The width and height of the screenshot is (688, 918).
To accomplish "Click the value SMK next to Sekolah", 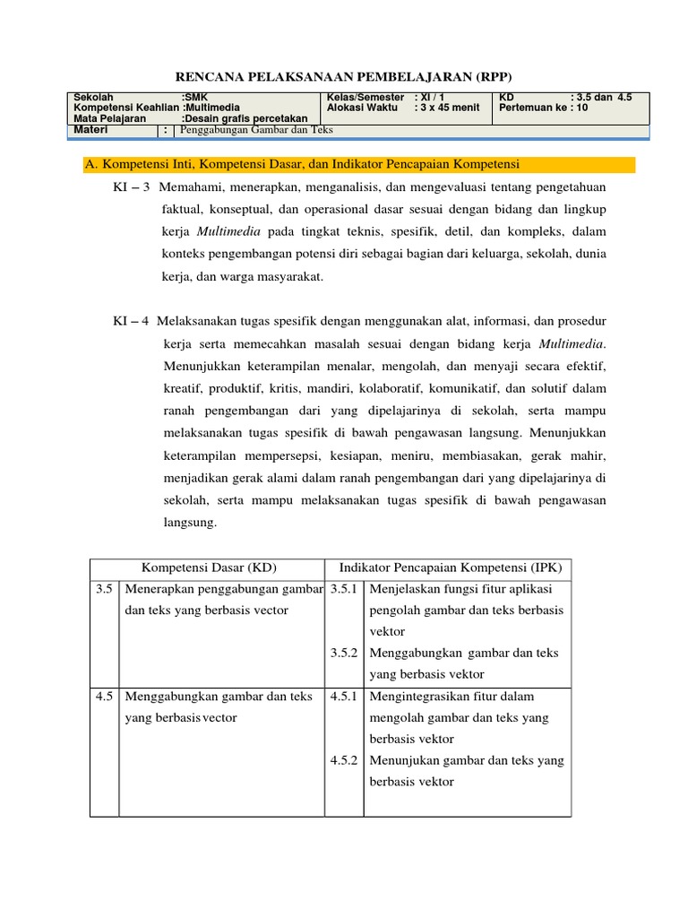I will [194, 96].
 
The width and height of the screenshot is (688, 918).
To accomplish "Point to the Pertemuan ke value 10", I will [582, 108].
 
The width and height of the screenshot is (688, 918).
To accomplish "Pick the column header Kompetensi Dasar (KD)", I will [209, 568].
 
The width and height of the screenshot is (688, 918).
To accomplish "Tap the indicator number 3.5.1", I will [344, 589].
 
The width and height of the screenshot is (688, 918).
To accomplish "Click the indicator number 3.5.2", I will [344, 653].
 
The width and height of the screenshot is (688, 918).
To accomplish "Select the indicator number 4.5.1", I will [344, 697].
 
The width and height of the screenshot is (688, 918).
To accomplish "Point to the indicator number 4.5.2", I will [344, 760].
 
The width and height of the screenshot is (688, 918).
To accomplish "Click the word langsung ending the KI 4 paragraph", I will [188, 523].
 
